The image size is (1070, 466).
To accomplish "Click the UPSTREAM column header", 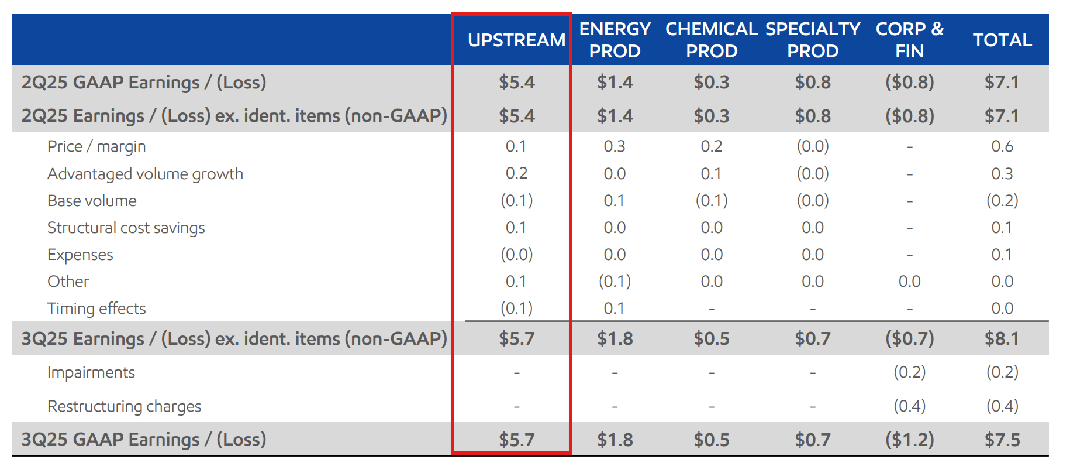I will coord(516,40).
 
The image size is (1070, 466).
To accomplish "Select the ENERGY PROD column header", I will coord(615,40).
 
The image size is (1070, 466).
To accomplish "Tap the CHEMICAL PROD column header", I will coord(712,40).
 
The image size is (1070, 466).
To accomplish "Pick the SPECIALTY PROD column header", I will coord(813,40).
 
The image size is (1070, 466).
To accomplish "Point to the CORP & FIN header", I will coord(910,40).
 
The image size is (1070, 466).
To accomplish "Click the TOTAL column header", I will coord(1002,40).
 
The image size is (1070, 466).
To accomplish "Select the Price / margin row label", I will coord(96,146).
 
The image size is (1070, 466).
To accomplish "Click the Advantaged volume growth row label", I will coord(145,174).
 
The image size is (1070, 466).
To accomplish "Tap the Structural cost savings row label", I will coord(126,228).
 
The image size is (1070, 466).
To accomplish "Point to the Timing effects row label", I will coord(96,309).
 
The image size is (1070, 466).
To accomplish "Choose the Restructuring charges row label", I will coord(124,406).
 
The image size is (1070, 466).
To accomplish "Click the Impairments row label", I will coord(91,372).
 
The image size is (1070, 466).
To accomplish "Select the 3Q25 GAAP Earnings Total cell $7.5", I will coord(1002,440).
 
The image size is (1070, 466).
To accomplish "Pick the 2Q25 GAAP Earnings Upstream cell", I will coord(516,82).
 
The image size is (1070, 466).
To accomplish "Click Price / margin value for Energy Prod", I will coord(615,146).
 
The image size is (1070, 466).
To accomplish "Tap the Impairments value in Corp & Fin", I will coord(910,372).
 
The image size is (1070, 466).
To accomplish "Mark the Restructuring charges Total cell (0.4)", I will coord(1002,406).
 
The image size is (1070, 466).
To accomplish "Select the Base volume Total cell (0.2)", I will coord(1002,201).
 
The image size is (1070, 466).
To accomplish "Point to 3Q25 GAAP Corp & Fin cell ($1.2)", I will coord(910,440).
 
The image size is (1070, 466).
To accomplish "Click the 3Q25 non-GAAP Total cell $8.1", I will coord(1002,338).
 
